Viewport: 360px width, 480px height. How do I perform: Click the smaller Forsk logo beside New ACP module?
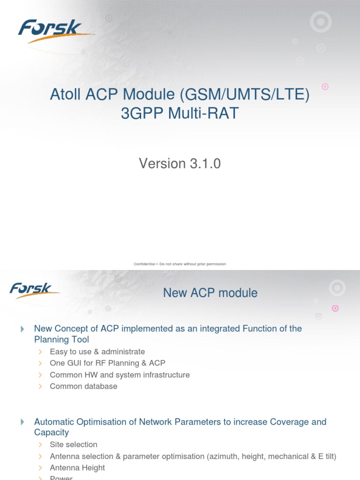point(34,290)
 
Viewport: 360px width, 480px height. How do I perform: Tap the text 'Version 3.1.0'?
point(180,164)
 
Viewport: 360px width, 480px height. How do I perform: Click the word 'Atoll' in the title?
point(66,95)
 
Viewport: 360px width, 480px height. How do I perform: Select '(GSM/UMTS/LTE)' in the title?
point(244,95)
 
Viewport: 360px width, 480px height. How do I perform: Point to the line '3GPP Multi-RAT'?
point(180,114)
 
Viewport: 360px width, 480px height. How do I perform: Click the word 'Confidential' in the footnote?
point(144,264)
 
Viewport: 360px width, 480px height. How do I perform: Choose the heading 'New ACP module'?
point(210,293)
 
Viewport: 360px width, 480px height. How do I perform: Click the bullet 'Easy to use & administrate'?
point(97,352)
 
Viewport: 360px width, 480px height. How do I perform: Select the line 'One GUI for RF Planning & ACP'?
point(107,363)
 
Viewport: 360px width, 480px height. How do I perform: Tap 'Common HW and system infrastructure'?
point(120,375)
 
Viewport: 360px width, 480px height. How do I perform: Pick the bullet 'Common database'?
point(83,386)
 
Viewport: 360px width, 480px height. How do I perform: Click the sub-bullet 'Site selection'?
point(74,444)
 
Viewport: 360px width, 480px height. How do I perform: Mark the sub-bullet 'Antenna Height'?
point(77,468)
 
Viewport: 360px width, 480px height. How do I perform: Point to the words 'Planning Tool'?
point(61,339)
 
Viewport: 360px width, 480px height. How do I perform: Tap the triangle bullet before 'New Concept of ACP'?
point(22,329)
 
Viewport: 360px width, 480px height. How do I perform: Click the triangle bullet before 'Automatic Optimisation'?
point(22,422)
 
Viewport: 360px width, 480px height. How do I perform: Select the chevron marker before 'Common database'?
point(41,387)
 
